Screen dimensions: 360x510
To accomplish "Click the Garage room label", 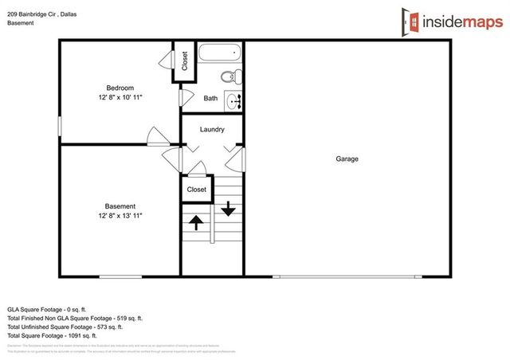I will pos(347,159).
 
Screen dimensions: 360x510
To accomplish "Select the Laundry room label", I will pos(212,129).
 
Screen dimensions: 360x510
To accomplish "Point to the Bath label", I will pos(210,99).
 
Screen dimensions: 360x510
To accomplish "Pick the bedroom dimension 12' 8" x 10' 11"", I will pos(120,97).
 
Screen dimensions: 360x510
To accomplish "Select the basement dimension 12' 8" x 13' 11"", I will pos(120,216).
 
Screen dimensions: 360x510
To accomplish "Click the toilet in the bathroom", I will pos(229,77).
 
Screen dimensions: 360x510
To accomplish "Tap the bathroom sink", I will pos(234,100).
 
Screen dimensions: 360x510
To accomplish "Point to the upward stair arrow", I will pos(195,221).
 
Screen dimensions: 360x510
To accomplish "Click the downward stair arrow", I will pos(228,209).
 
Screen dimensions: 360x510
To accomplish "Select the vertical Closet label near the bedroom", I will pos(185,62).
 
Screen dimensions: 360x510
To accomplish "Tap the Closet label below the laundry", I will pos(196,190).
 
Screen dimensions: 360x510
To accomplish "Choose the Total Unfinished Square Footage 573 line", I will pos(65,327).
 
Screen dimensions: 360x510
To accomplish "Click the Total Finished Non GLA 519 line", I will pos(74,318).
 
